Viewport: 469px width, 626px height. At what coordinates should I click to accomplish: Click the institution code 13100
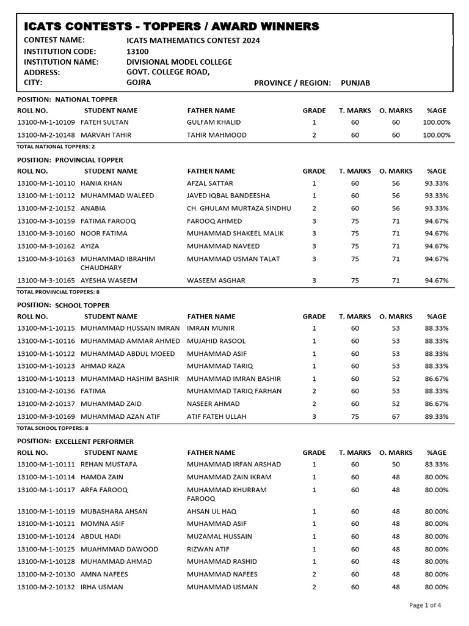(x=137, y=51)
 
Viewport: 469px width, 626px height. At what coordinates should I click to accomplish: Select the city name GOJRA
(x=139, y=82)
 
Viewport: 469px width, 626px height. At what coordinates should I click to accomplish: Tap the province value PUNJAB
(x=355, y=83)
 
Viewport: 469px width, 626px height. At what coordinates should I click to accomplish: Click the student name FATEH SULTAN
(x=104, y=122)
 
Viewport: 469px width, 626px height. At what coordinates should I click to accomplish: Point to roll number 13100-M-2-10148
(x=46, y=135)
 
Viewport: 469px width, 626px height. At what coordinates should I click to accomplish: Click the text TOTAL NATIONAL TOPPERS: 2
(x=56, y=147)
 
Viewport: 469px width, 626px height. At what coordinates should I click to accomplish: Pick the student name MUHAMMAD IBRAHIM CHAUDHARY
(x=117, y=263)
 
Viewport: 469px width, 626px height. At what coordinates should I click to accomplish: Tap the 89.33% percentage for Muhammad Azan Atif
(x=437, y=416)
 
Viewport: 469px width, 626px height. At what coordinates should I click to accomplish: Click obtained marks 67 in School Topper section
(x=396, y=416)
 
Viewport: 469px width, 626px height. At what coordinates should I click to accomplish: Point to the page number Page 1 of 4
(x=425, y=605)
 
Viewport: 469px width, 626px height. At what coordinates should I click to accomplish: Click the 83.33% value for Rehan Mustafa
(x=437, y=465)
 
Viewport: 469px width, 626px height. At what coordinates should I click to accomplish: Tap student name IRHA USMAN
(x=101, y=587)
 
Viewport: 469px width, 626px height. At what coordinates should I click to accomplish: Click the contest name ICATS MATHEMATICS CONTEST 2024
(x=192, y=40)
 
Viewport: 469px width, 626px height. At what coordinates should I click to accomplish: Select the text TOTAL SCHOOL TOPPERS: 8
(x=53, y=428)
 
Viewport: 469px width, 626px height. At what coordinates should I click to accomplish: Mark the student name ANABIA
(x=93, y=208)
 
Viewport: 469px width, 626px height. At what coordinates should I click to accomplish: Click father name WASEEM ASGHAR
(x=216, y=281)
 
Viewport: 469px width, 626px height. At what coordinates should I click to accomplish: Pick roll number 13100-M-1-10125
(x=46, y=549)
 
